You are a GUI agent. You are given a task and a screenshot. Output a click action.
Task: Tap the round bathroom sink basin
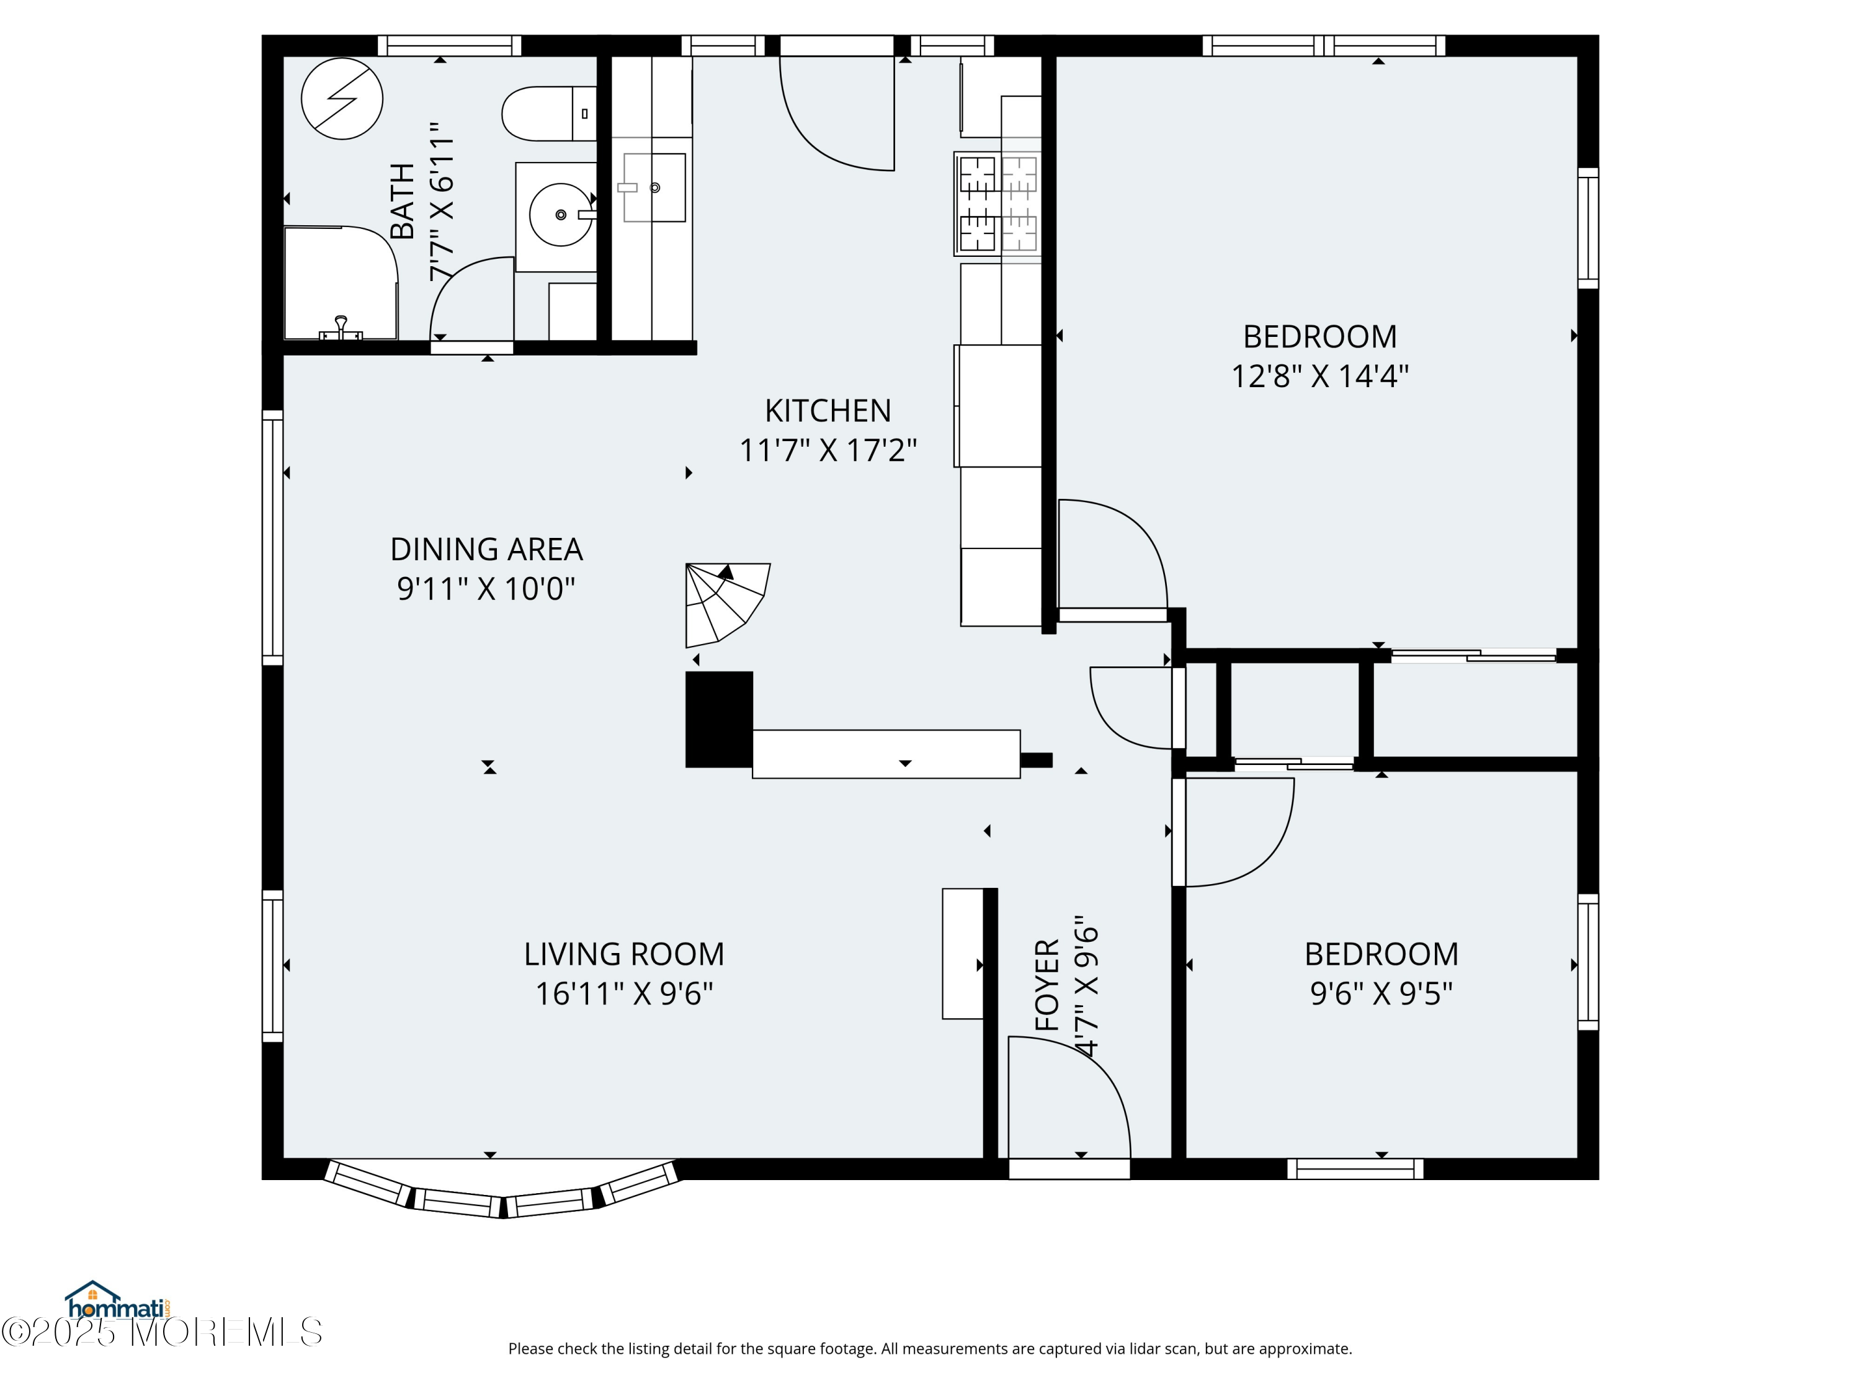pyautogui.click(x=560, y=215)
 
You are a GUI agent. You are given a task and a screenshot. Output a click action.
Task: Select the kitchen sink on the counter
pyautogui.click(x=654, y=187)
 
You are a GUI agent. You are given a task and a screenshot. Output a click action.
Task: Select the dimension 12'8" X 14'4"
pyautogui.click(x=1319, y=376)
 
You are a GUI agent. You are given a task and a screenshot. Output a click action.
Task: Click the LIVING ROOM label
pyautogui.click(x=623, y=954)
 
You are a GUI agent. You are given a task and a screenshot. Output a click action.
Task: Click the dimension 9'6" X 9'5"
pyautogui.click(x=1381, y=994)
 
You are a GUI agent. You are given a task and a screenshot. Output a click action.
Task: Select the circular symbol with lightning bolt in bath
pyautogui.click(x=342, y=99)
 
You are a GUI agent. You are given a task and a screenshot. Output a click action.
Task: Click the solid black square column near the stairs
pyautogui.click(x=718, y=720)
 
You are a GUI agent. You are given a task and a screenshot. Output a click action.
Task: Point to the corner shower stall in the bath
pyautogui.click(x=339, y=284)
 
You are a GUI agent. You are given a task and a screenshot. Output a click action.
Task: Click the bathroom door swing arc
pyautogui.click(x=470, y=295)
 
